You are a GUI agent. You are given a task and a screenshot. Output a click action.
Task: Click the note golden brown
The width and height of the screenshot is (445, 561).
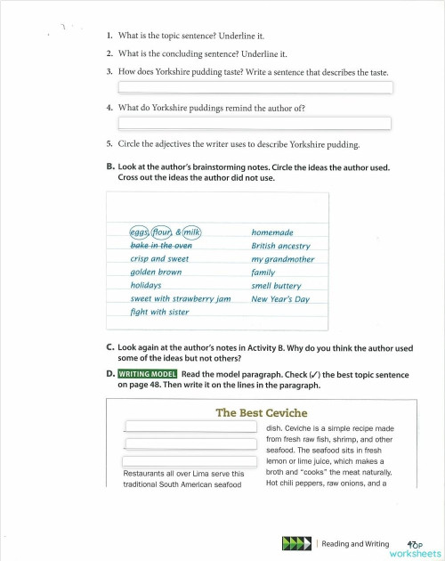point(156,272)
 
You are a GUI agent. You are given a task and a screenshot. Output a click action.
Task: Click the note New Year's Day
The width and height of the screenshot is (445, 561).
point(280,299)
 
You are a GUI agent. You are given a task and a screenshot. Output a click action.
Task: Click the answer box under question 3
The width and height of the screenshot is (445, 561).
point(255,87)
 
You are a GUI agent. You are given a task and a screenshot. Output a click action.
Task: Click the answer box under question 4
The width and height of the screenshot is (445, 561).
point(255,123)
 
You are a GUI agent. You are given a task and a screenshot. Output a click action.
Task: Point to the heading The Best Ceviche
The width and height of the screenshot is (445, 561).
point(262,413)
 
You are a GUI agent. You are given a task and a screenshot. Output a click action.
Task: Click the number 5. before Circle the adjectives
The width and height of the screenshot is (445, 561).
point(109,143)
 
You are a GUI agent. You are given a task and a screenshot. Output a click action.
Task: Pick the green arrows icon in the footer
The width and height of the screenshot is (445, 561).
point(295,542)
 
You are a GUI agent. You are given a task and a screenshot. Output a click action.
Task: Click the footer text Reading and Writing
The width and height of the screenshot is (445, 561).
point(355,543)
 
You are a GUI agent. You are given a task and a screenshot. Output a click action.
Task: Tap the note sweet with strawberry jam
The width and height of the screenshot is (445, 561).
point(181,299)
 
